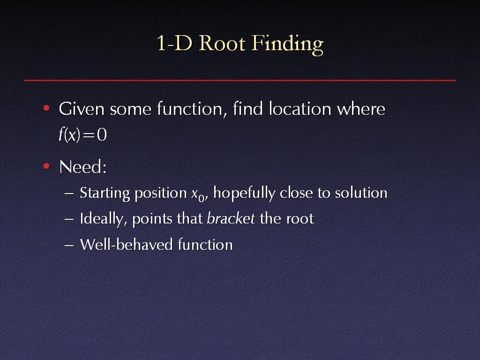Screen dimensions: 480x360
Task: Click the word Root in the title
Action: [222, 43]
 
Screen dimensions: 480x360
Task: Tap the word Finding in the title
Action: [287, 45]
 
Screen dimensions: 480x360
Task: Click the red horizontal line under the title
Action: [240, 80]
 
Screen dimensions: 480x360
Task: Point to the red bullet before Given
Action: [46, 108]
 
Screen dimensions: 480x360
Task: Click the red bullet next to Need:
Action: [46, 166]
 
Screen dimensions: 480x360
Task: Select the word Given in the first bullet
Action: [82, 109]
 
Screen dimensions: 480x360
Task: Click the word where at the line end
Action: [361, 109]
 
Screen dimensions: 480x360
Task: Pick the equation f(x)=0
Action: [82, 135]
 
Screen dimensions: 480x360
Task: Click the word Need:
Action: [82, 167]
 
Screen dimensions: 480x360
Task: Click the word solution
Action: [361, 193]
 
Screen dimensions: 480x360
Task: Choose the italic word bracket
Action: [231, 218]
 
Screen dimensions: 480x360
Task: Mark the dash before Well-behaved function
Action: [69, 246]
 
